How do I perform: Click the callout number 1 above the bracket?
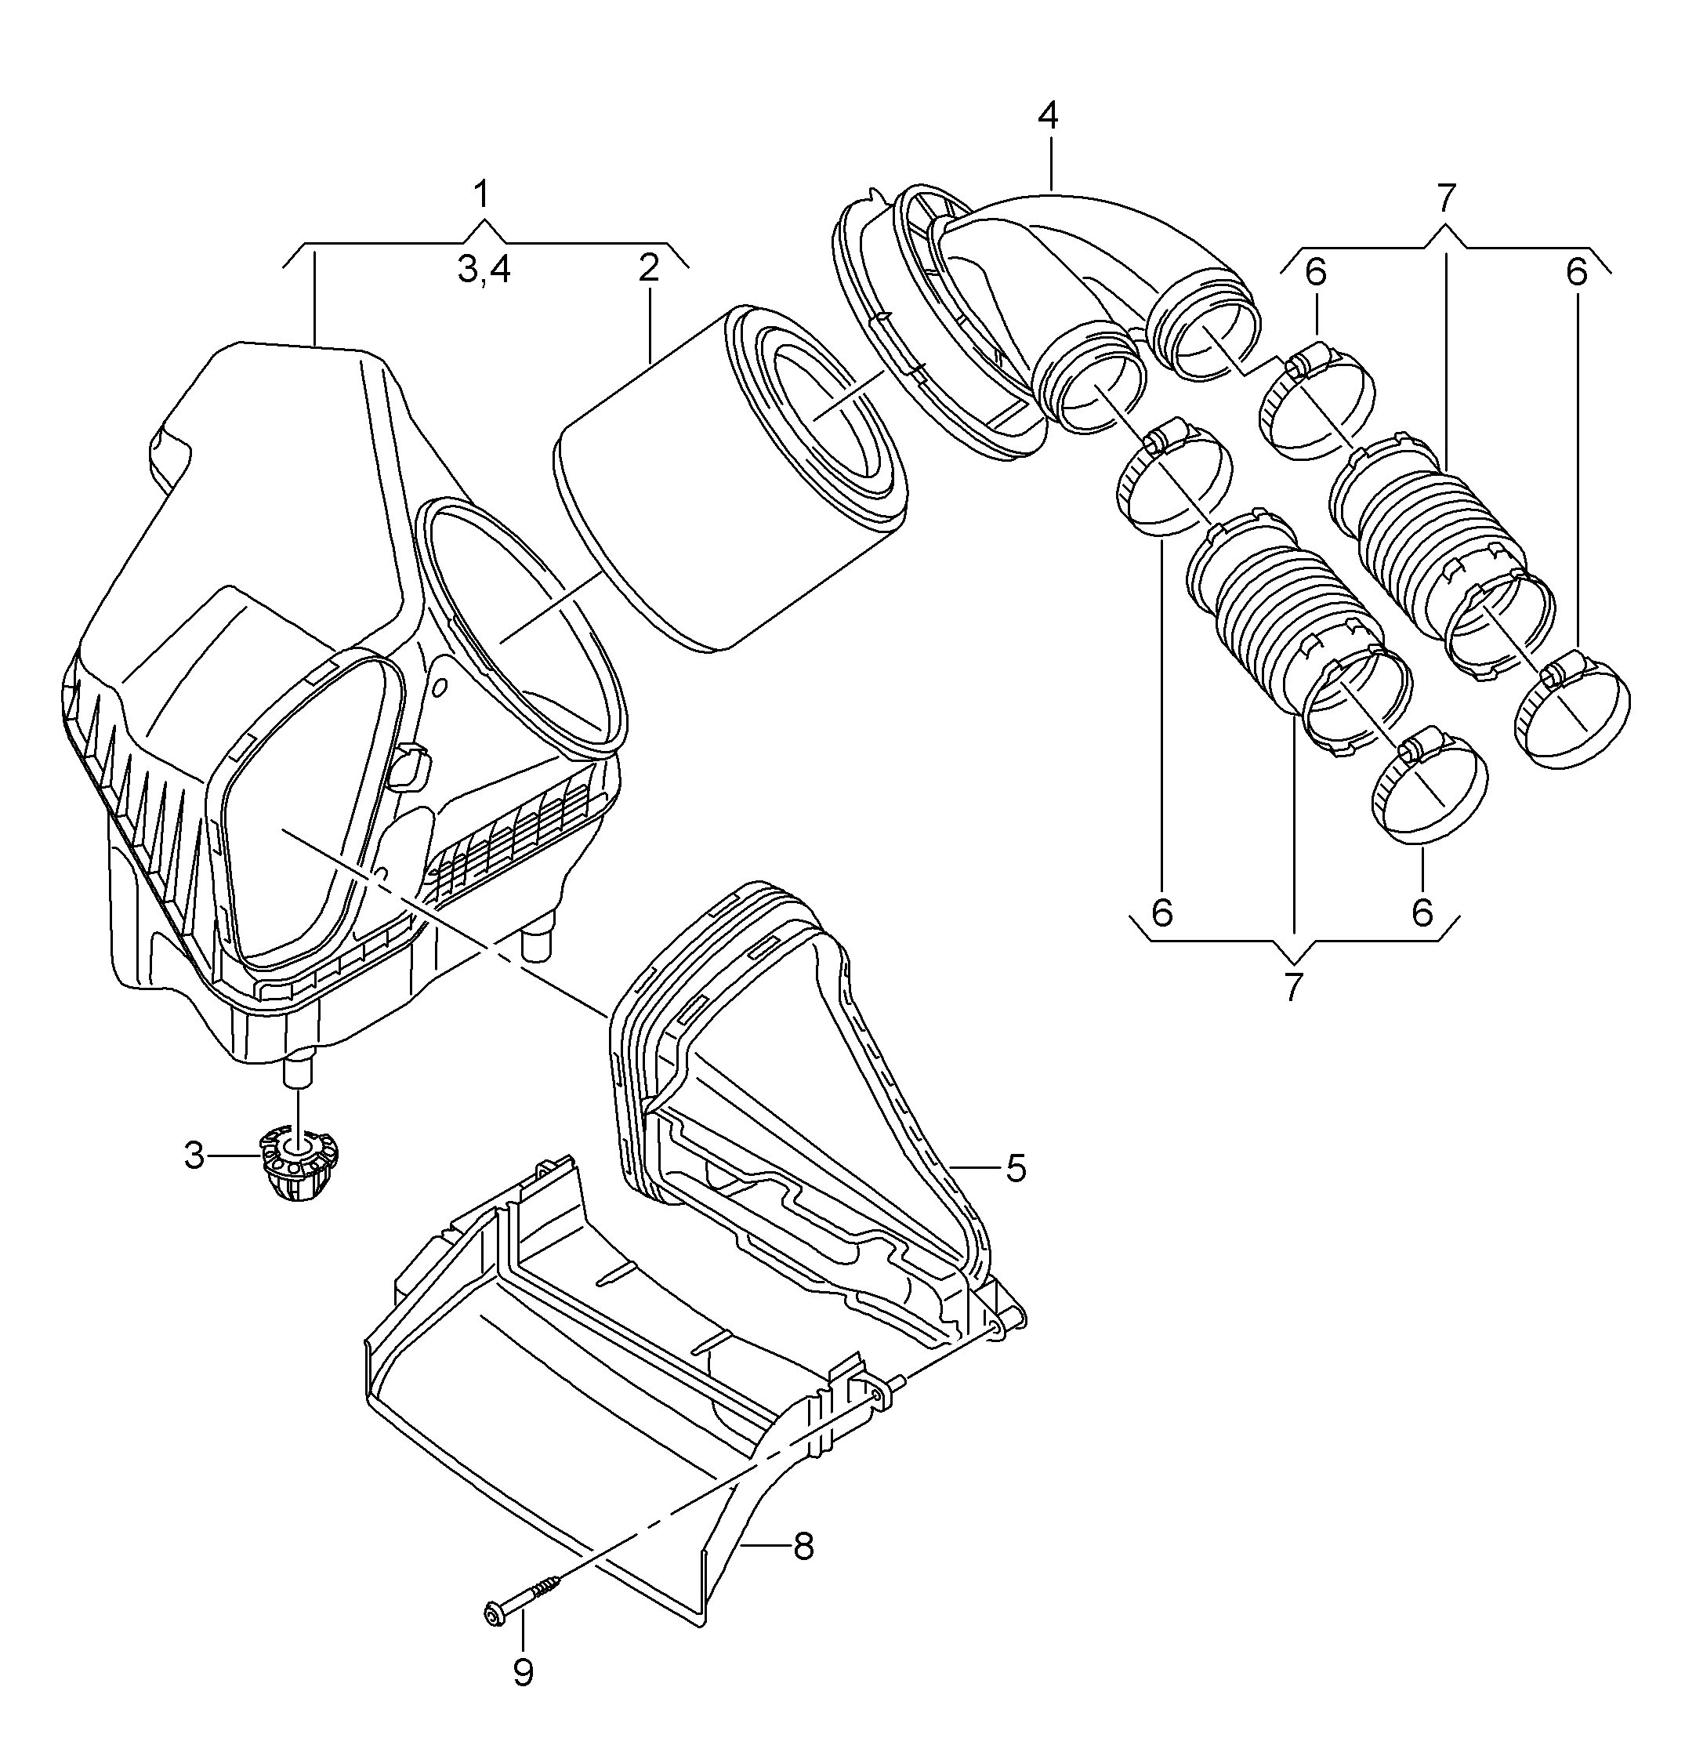point(482,194)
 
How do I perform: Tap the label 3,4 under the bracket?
point(484,269)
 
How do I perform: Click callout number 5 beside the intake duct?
point(1015,1167)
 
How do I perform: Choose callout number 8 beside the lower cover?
point(803,1544)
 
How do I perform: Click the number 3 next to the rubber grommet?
point(194,1155)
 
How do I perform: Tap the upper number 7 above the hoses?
point(1446,196)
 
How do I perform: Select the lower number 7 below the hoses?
point(1291,986)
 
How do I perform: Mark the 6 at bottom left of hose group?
point(1161,912)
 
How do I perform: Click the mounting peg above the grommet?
point(299,1070)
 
